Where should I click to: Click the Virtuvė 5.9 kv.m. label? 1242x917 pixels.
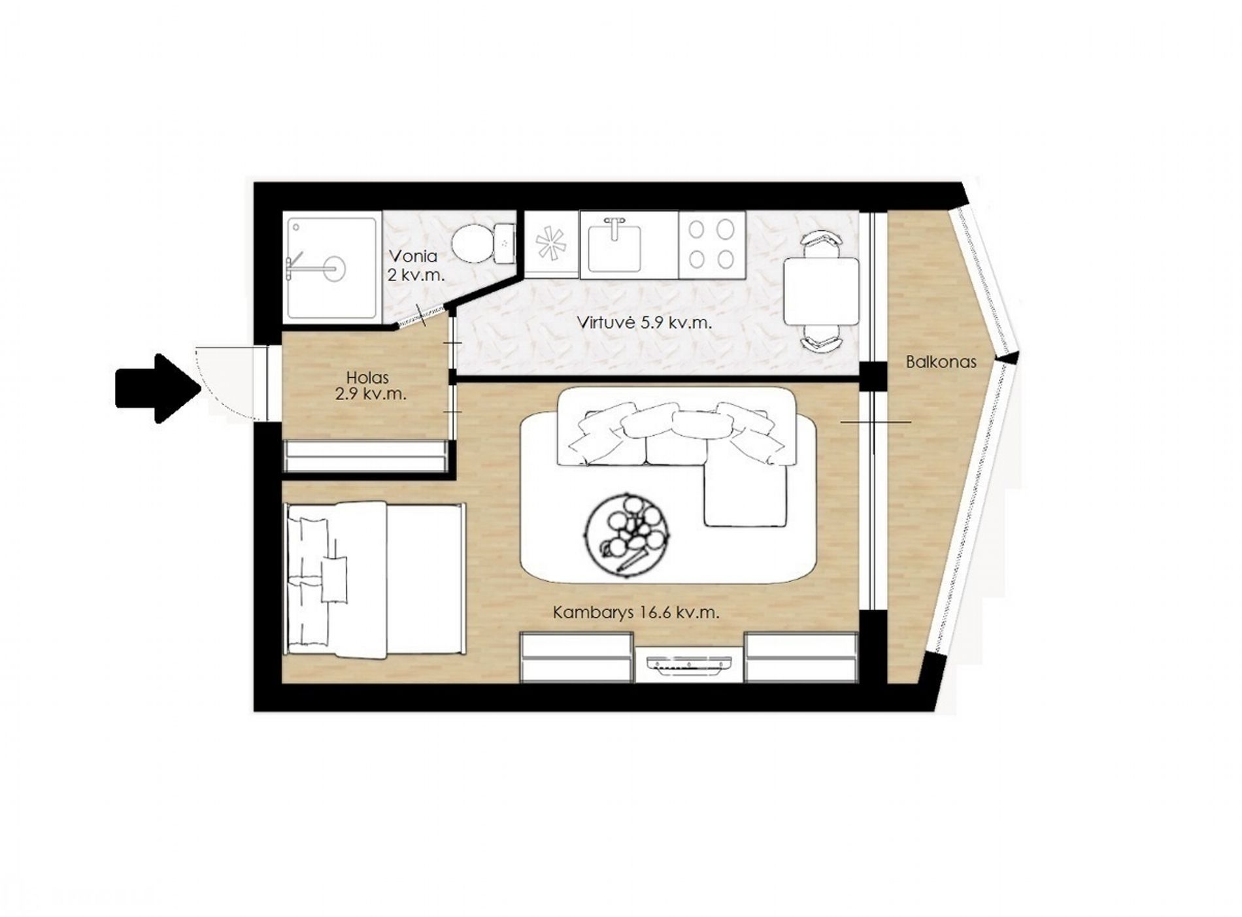tap(644, 322)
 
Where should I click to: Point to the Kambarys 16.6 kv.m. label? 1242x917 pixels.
tap(636, 613)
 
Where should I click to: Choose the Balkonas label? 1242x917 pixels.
tap(941, 361)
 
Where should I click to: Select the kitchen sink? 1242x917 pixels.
tap(613, 245)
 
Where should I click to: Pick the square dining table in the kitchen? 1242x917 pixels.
tap(822, 292)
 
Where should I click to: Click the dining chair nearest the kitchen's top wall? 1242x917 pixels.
tap(822, 244)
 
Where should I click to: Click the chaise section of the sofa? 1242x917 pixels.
tap(744, 495)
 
